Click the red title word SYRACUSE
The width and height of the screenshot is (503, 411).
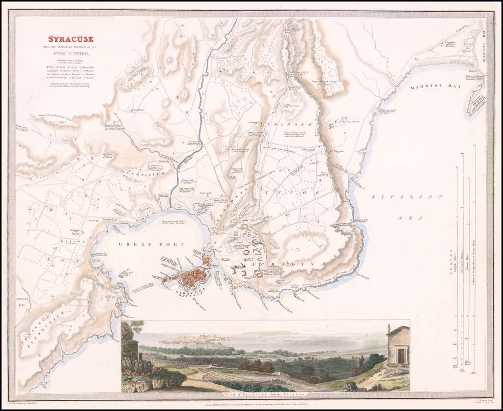70,39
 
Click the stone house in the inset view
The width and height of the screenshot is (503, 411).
397,346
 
